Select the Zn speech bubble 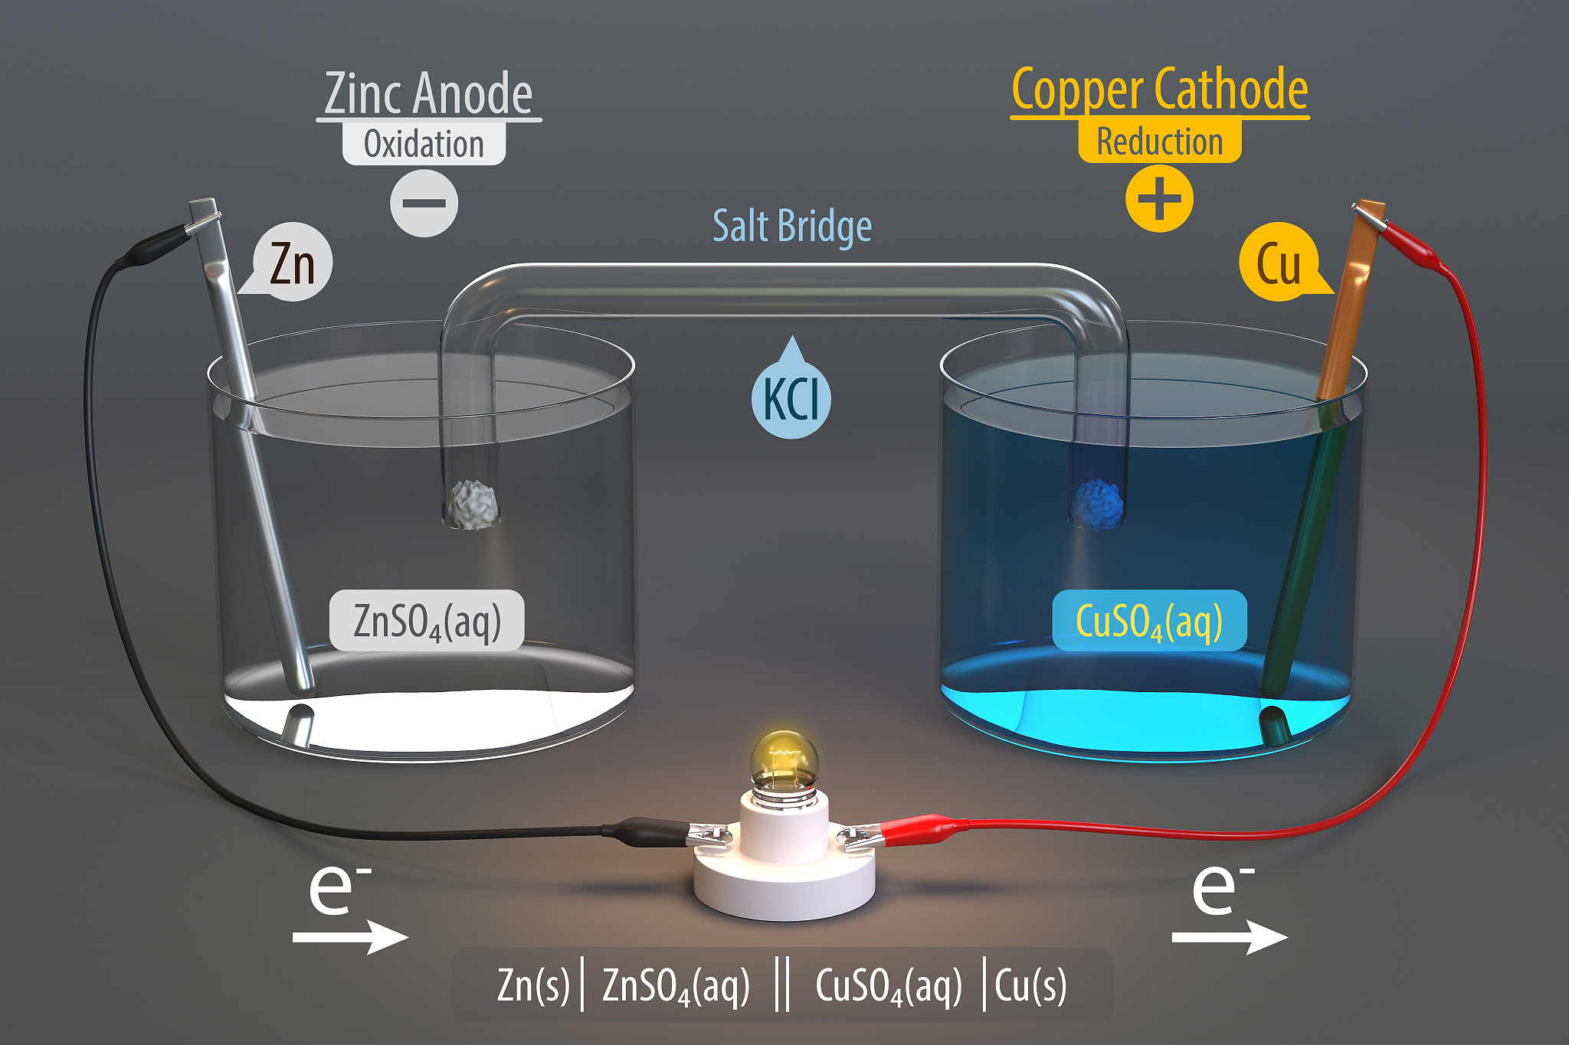tap(292, 263)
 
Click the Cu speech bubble tap(1278, 263)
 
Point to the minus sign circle tap(424, 203)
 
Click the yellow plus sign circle tap(1158, 198)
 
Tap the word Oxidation tap(424, 144)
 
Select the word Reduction tap(1159, 142)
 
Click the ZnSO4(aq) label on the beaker tap(427, 621)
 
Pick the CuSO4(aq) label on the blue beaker tap(1149, 621)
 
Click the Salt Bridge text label tap(792, 226)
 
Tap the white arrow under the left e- tap(349, 936)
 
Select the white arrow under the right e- tap(1229, 936)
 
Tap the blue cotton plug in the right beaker tap(1096, 505)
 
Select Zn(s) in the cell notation tap(533, 985)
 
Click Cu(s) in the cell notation tap(1030, 985)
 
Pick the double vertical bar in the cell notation tap(781, 985)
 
